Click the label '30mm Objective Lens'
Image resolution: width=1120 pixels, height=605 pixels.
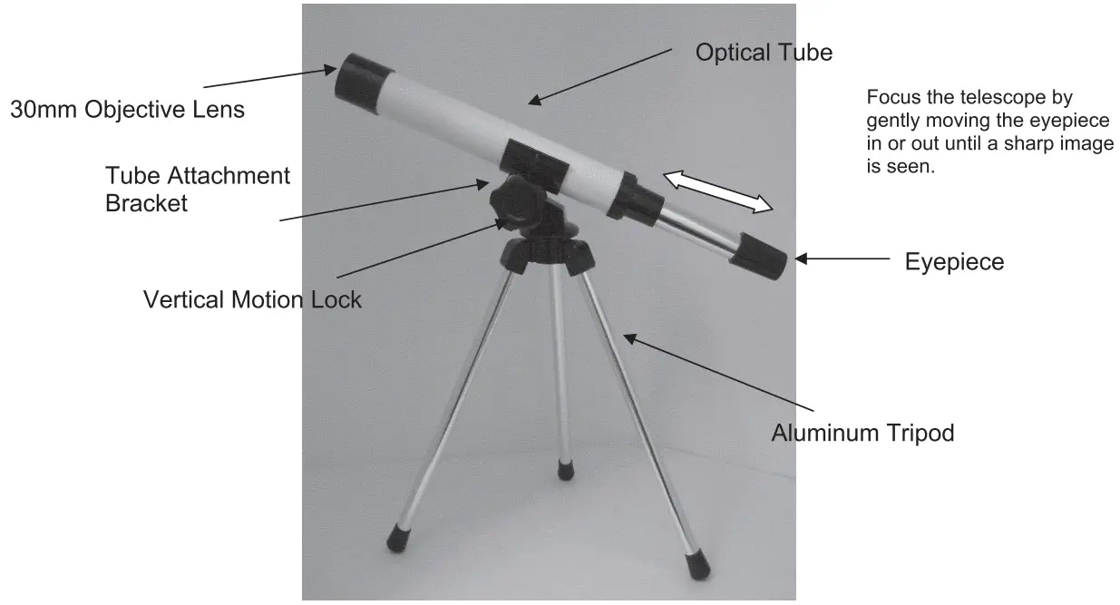click(127, 110)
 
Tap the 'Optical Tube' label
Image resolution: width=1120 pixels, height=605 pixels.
click(763, 53)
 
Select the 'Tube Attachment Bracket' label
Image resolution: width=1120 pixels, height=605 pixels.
click(197, 189)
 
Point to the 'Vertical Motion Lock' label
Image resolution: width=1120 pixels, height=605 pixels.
click(252, 299)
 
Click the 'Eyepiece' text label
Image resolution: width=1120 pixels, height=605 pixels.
click(954, 262)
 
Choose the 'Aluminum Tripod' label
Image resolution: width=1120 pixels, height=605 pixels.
click(862, 433)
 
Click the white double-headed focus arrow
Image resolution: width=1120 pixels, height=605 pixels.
click(718, 191)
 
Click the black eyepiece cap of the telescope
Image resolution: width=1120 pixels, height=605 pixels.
click(763, 254)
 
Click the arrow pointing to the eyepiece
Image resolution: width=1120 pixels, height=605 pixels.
click(842, 259)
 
